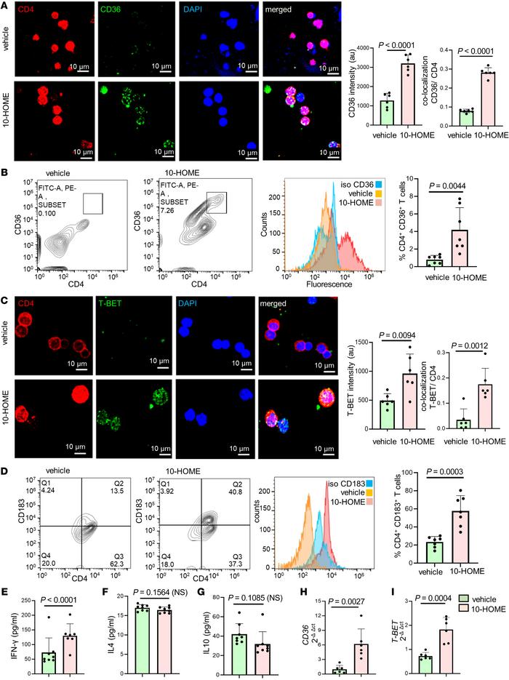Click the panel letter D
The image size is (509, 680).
pos(6,431)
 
